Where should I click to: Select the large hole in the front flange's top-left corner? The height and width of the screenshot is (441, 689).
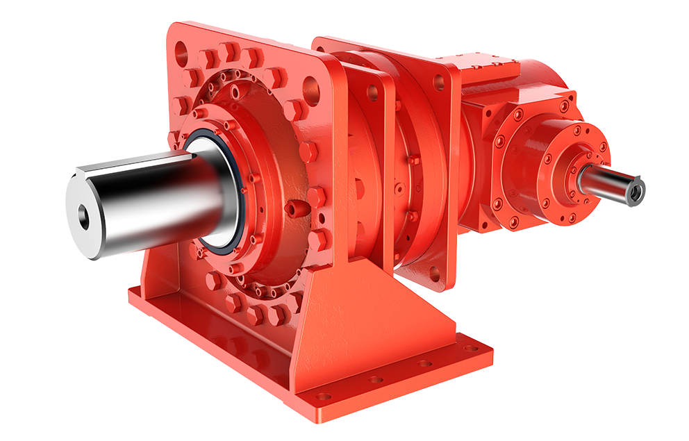pos(181,50)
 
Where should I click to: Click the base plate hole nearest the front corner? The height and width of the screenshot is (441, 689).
pos(323,396)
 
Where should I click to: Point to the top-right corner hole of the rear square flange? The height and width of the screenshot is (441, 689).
pos(439,83)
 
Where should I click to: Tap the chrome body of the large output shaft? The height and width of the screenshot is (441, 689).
pos(160,201)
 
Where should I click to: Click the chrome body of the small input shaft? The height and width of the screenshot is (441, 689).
pos(604,183)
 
